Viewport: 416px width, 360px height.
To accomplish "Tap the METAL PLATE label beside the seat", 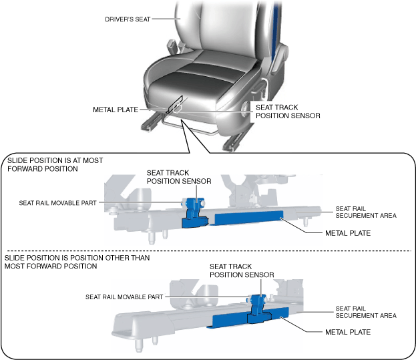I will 116,110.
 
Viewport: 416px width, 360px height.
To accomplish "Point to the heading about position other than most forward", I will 77,261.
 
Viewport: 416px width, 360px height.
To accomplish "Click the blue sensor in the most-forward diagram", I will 195,210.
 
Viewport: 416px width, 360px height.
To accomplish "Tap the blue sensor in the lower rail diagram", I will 258,309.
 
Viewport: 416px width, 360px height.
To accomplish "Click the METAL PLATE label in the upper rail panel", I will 347,233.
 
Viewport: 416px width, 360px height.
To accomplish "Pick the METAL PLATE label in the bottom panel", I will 347,331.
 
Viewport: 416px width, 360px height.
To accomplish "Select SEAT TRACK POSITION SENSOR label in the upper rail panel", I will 179,176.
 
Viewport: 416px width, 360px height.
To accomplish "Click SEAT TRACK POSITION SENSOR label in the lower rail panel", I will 242,271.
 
